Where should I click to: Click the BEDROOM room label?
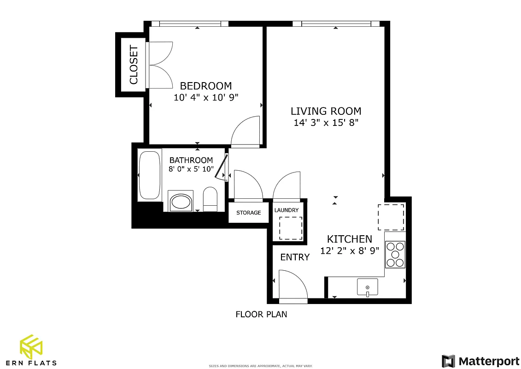[205, 86]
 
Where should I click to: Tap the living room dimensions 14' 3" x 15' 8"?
[326, 123]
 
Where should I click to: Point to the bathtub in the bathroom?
[149, 175]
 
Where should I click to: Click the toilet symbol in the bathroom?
[210, 199]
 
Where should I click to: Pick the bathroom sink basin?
[181, 202]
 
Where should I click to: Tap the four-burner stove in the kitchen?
[395, 255]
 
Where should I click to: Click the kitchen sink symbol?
[367, 287]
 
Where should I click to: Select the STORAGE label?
[249, 213]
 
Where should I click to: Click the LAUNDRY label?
[287, 210]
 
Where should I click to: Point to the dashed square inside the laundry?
[290, 228]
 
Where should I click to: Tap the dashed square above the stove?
[391, 217]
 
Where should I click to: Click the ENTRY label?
[295, 257]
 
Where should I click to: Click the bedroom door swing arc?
[246, 131]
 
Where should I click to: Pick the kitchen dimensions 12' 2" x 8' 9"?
[349, 251]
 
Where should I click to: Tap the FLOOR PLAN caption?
[261, 315]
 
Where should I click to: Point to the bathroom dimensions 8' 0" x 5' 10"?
[191, 169]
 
